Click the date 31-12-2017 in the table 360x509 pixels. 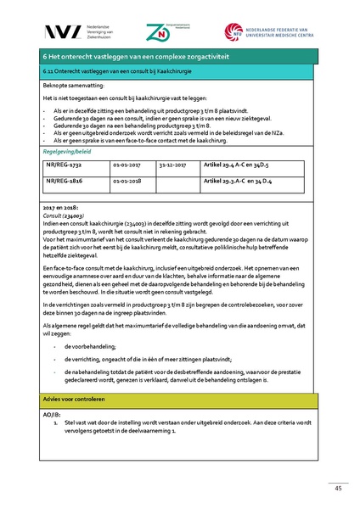(171, 167)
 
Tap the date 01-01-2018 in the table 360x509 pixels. (127, 182)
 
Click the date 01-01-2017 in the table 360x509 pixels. (127, 167)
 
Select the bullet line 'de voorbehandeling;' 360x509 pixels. (93, 347)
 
